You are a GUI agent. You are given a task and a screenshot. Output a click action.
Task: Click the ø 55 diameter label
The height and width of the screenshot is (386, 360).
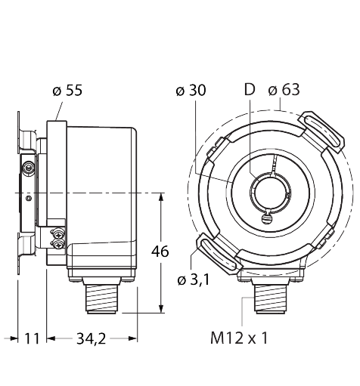67,90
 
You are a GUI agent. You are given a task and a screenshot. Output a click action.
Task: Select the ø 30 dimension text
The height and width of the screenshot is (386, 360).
191,90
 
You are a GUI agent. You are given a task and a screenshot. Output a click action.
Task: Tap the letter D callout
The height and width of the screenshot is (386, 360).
250,89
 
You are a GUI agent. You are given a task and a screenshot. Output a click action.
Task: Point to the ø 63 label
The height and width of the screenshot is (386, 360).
284,90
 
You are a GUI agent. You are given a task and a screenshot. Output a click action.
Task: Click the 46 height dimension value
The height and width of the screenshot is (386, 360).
160,252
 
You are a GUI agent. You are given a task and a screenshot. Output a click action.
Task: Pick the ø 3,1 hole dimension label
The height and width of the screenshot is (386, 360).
194,279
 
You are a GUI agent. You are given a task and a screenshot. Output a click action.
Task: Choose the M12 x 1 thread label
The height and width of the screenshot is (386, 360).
239,338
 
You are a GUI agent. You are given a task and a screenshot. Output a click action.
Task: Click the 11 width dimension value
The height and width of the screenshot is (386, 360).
32,338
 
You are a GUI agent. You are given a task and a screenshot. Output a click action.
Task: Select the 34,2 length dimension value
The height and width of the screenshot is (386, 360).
92,338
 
